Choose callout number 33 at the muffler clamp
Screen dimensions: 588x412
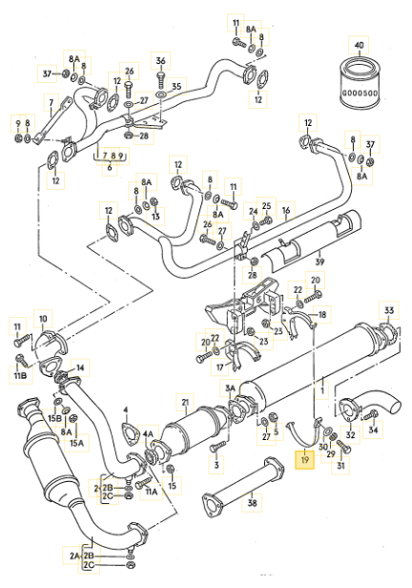388,310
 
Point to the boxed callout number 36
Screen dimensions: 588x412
161,61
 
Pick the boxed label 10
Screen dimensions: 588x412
42,318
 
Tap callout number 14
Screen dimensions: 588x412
80,367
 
